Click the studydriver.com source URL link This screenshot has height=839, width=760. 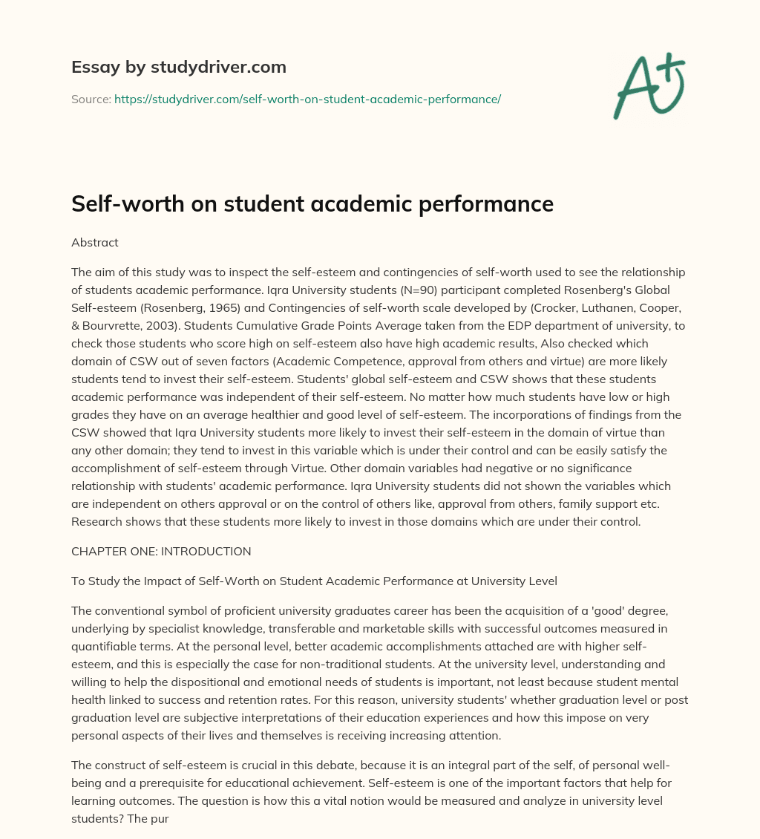(x=307, y=99)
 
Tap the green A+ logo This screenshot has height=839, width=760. (x=648, y=85)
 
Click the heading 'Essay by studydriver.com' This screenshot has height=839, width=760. (x=178, y=67)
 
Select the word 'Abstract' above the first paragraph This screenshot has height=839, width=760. (x=94, y=242)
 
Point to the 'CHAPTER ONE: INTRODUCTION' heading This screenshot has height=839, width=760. (x=161, y=552)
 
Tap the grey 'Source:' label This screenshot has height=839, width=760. (x=91, y=99)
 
